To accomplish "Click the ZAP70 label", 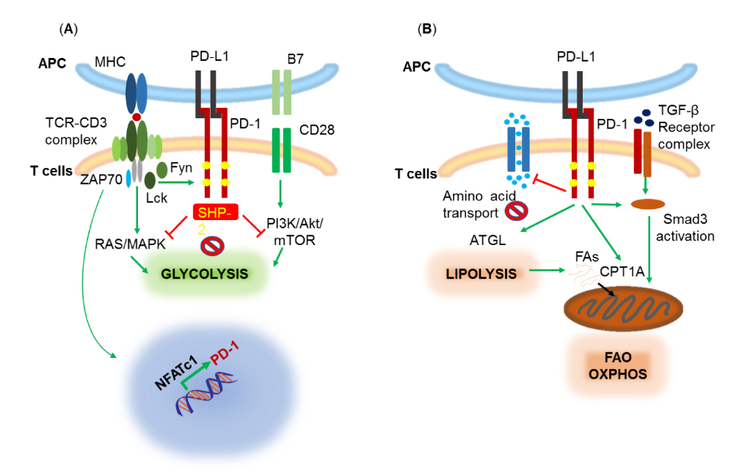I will point(101,177).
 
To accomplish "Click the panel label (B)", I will point(426,29).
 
